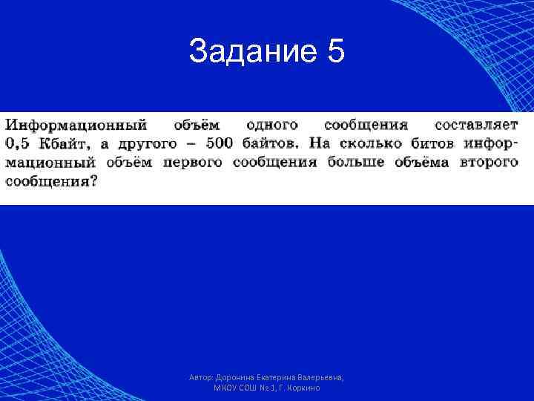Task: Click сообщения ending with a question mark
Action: [51, 180]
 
